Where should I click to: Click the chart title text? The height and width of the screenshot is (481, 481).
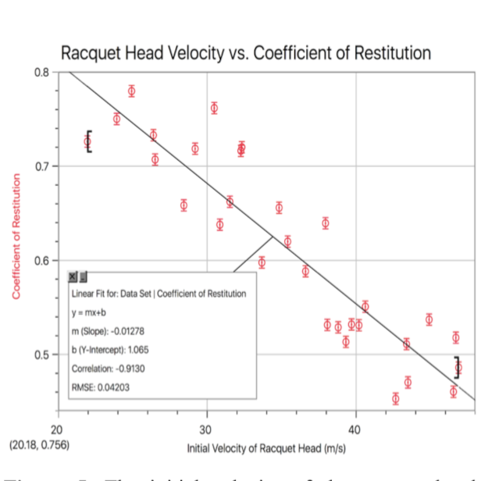pyautogui.click(x=245, y=53)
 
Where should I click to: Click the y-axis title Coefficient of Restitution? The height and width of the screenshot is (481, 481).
pyautogui.click(x=15, y=235)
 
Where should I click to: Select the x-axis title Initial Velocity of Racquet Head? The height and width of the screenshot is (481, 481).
pyautogui.click(x=265, y=449)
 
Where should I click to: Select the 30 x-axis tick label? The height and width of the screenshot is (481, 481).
pyautogui.click(x=206, y=429)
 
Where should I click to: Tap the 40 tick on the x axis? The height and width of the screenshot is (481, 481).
pyautogui.click(x=355, y=429)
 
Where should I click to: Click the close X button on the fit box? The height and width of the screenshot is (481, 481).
pyautogui.click(x=73, y=276)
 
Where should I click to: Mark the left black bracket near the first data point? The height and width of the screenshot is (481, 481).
pyautogui.click(x=90, y=141)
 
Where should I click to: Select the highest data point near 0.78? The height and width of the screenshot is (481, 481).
pyautogui.click(x=132, y=91)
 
